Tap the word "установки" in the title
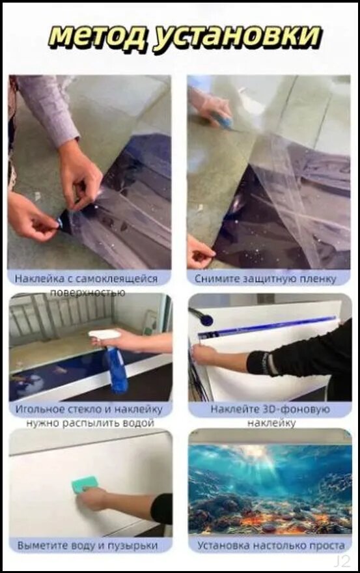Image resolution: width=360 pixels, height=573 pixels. (236, 37)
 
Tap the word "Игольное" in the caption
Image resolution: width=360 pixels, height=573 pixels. (40, 409)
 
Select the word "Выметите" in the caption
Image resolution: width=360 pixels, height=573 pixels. (43, 546)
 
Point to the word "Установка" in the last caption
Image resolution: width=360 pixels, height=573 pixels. (223, 546)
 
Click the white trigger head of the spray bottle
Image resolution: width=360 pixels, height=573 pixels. (104, 334)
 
